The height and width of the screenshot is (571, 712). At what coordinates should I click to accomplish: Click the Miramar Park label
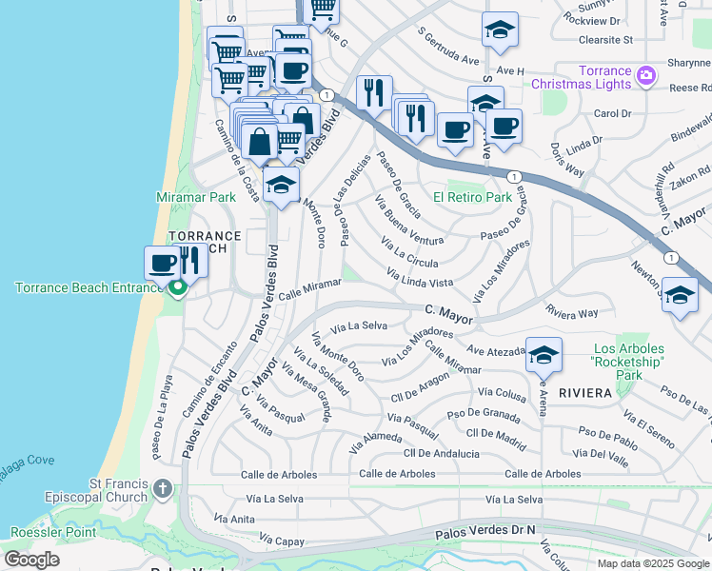195,197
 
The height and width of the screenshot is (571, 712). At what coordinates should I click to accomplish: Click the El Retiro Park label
472,198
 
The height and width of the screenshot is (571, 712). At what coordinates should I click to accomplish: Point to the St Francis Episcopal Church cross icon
162,489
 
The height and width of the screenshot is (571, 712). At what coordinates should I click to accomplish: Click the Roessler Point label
48,532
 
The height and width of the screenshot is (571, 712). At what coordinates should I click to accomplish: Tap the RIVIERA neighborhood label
584,392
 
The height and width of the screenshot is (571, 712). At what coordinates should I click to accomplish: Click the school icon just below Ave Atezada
544,356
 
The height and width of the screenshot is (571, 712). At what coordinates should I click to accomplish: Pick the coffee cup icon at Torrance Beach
162,262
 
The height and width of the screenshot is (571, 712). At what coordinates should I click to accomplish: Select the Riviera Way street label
572,311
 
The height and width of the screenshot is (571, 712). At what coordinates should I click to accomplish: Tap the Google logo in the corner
31,560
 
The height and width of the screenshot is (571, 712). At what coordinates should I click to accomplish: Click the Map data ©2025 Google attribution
653,563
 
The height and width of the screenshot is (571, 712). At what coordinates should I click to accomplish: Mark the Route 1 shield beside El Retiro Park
513,177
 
